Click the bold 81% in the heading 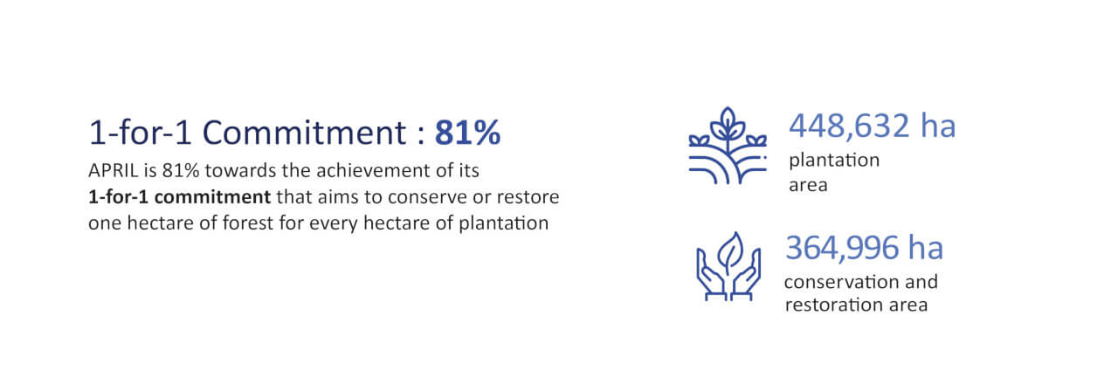coord(467,134)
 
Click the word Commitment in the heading coord(305,134)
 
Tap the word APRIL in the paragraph coord(114,170)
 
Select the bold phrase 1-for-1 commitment coord(180,197)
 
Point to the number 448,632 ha coord(872,126)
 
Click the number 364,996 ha coord(864,248)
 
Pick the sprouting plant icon coord(728,146)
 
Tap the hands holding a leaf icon coord(728,266)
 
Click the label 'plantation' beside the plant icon coord(834,161)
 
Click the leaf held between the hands coord(729,253)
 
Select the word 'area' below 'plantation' coord(808,186)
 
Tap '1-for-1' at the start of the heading coord(141,134)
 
